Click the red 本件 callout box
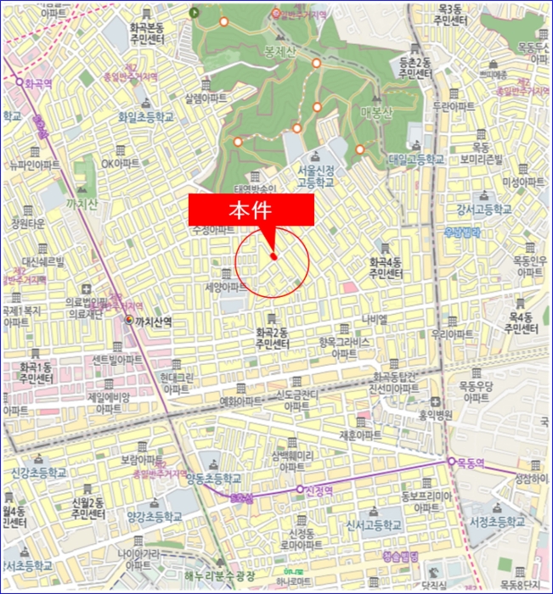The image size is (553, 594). point(251,210)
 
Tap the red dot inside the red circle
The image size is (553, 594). point(274,256)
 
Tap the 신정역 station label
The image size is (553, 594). point(321,490)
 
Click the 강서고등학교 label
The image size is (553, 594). point(484,209)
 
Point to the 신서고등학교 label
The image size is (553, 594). point(367,527)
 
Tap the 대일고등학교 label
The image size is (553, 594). point(417,159)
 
